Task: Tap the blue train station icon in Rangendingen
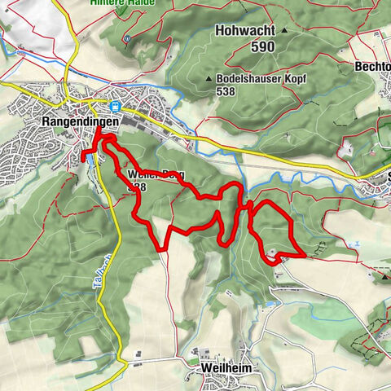tap(116, 105)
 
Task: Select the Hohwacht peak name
tap(244, 30)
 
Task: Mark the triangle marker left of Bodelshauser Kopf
tap(209, 79)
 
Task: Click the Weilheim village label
tap(223, 368)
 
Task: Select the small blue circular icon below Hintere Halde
tap(126, 37)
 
